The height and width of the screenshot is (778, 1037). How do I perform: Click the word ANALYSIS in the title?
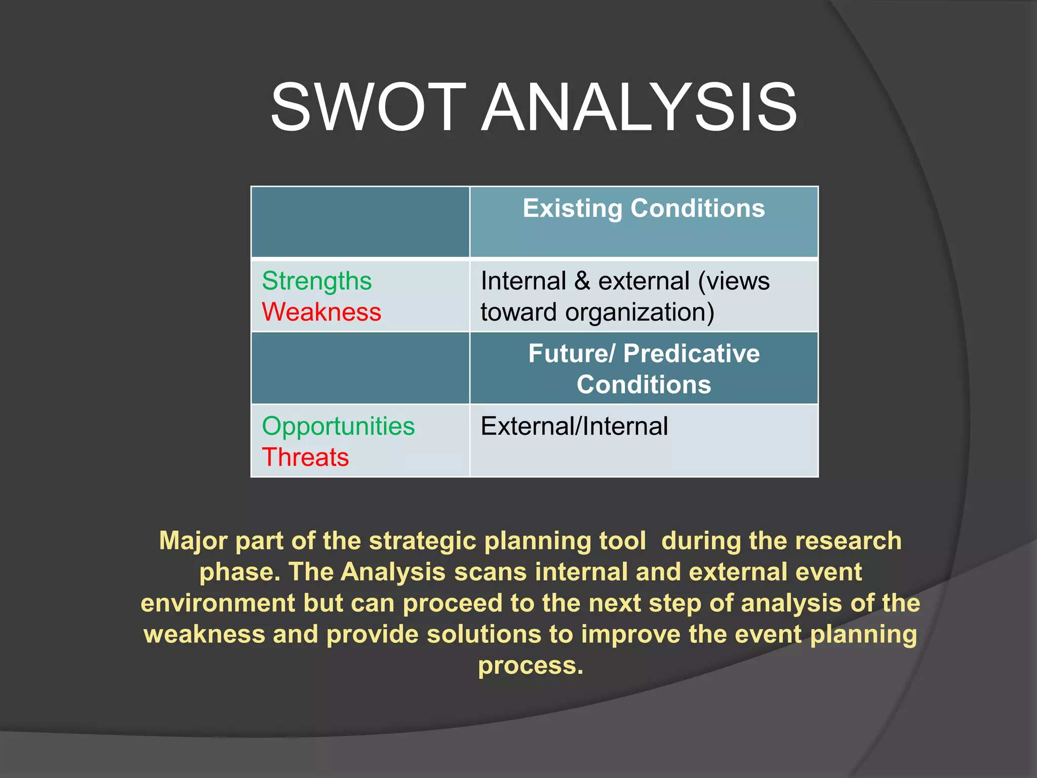tap(639, 108)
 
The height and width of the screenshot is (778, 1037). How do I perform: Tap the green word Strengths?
tap(317, 281)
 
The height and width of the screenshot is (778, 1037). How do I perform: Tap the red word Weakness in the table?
tap(322, 312)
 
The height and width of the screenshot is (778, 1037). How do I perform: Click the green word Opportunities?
tap(338, 426)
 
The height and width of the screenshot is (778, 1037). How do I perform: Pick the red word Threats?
tap(305, 457)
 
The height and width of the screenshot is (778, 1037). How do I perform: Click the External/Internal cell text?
tap(574, 426)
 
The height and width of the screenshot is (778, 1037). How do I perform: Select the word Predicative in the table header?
tap(691, 354)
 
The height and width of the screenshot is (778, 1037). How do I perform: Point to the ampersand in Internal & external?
tap(582, 282)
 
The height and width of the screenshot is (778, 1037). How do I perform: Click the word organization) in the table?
tap(640, 313)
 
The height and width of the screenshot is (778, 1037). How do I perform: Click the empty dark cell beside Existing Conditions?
tap(360, 222)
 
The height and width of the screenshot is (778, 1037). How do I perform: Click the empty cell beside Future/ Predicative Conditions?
tap(360, 368)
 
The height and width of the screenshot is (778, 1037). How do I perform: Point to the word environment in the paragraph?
tap(218, 603)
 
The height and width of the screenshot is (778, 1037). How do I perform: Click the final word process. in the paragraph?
tap(531, 666)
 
